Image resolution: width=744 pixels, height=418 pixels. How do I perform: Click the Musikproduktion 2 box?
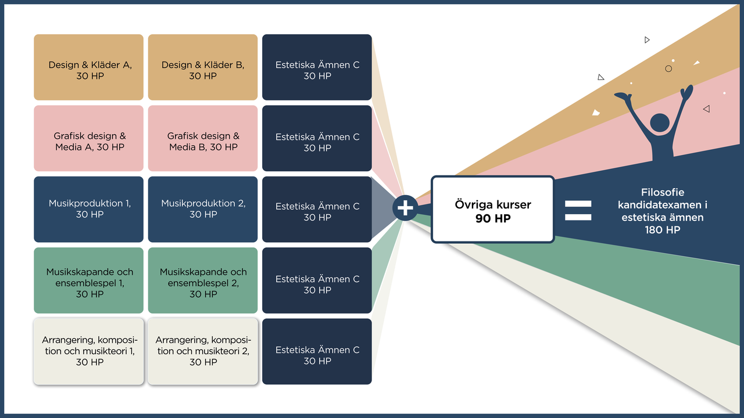(203, 209)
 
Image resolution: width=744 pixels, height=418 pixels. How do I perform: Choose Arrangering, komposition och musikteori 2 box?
(203, 351)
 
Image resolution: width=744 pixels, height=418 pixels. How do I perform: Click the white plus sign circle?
(405, 208)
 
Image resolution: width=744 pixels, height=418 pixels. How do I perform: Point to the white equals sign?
(578, 210)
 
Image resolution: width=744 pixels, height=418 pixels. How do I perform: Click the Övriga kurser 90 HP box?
(492, 210)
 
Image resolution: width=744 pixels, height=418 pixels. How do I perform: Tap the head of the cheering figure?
(659, 123)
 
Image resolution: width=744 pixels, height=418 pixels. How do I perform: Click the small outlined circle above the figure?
(668, 69)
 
